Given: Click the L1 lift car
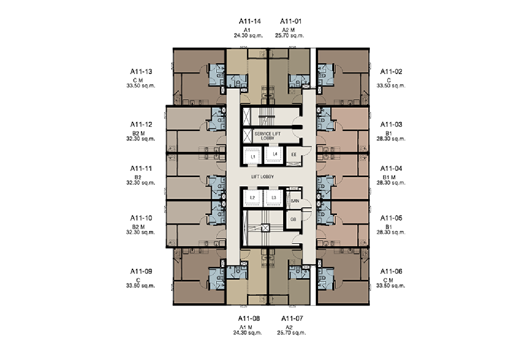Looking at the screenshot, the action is [x=253, y=156].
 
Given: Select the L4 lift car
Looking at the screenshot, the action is [x=274, y=153].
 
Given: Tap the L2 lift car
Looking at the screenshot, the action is [x=252, y=198].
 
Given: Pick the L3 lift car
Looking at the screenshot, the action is [x=274, y=198].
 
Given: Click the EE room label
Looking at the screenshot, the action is [x=294, y=155].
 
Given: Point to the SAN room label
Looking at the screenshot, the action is [x=295, y=201].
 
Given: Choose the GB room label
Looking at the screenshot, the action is [x=293, y=220].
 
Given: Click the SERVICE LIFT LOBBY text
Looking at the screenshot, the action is [x=268, y=136].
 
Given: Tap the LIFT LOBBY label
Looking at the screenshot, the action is [x=262, y=177].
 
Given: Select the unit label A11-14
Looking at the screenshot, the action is [x=250, y=21].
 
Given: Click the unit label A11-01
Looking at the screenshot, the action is [x=291, y=21].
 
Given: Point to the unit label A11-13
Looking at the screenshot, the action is [x=141, y=71].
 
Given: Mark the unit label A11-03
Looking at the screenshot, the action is [x=391, y=125].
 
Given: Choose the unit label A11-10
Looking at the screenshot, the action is [x=141, y=218].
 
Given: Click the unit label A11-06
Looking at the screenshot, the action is [x=391, y=271].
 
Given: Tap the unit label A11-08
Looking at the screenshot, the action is [x=249, y=319].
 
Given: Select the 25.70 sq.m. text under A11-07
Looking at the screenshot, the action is [x=291, y=333].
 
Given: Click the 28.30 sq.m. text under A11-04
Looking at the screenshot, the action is [x=391, y=183].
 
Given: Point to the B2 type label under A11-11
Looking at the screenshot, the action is [x=138, y=177].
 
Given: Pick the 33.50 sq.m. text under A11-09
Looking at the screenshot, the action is [x=141, y=286].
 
